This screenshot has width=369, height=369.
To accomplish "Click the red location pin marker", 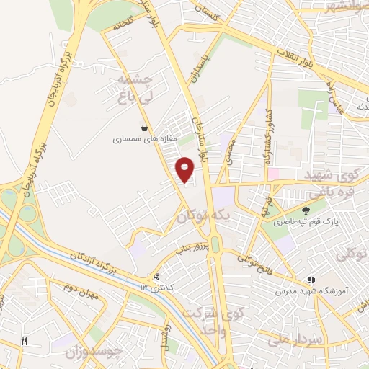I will (x=185, y=169).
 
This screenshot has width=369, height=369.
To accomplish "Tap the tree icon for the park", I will (x=306, y=210).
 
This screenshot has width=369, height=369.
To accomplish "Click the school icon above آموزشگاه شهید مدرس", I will (x=311, y=280).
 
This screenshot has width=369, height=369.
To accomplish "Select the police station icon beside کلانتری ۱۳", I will (x=156, y=277).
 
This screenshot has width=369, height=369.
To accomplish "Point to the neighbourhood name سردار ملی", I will (x=287, y=336).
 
